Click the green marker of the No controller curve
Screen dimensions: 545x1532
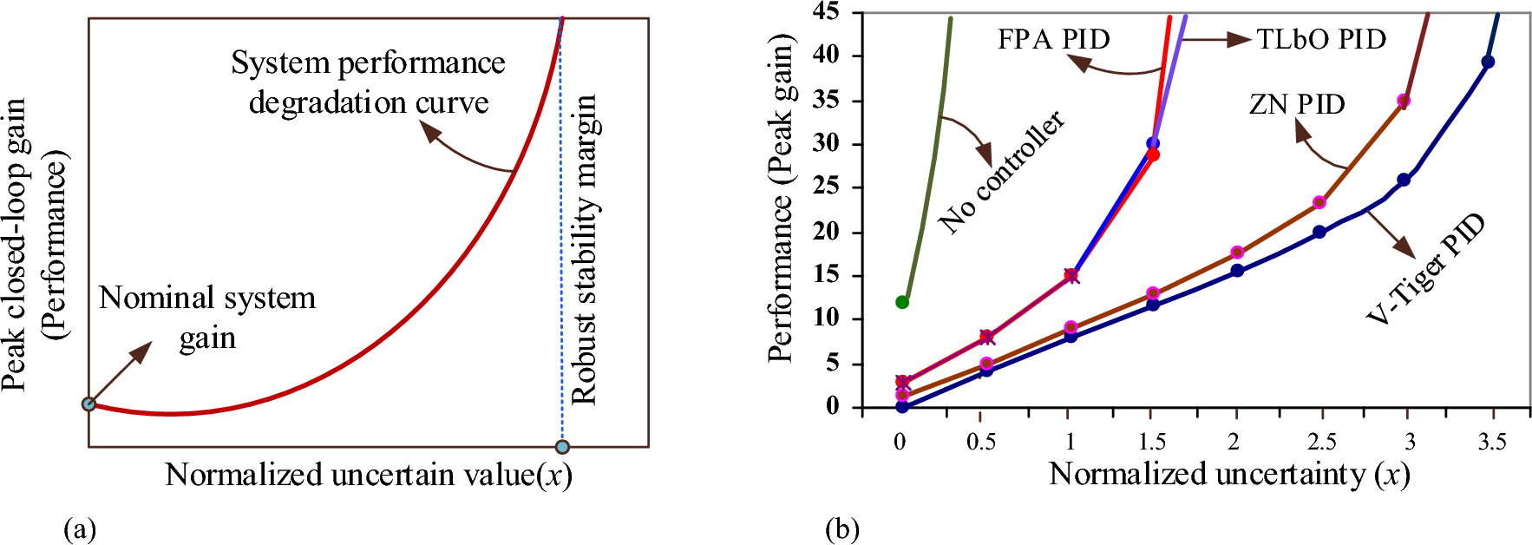click(x=902, y=302)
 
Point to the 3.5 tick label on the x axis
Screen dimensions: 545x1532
click(x=1491, y=442)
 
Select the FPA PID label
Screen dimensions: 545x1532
click(x=1053, y=39)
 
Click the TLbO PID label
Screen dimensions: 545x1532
click(x=1321, y=39)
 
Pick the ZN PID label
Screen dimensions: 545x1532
click(x=1296, y=104)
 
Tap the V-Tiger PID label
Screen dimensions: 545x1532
click(x=1425, y=270)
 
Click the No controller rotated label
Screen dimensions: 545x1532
click(x=1001, y=173)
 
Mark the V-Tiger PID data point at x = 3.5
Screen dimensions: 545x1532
click(x=1488, y=62)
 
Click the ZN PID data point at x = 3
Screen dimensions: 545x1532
click(x=1404, y=101)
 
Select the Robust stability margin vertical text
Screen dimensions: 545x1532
click(x=585, y=250)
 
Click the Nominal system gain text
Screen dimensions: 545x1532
click(x=207, y=317)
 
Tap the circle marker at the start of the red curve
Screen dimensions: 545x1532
click(x=88, y=404)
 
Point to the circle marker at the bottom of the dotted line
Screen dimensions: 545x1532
click(x=562, y=447)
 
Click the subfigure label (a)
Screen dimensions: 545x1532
click(x=80, y=529)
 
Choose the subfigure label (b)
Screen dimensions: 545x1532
click(x=842, y=529)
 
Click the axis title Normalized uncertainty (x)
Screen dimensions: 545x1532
click(x=1229, y=474)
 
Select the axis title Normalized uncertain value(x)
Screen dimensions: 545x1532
click(x=369, y=475)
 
